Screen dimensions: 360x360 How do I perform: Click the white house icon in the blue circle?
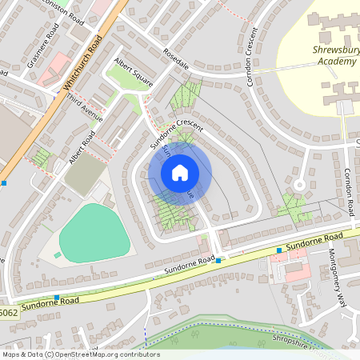point(180,172)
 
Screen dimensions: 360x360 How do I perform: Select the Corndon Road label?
point(349,192)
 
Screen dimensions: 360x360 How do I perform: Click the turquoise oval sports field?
point(94,233)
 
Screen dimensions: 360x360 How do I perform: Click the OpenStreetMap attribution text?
point(81,354)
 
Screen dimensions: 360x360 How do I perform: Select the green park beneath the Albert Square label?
point(123,77)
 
